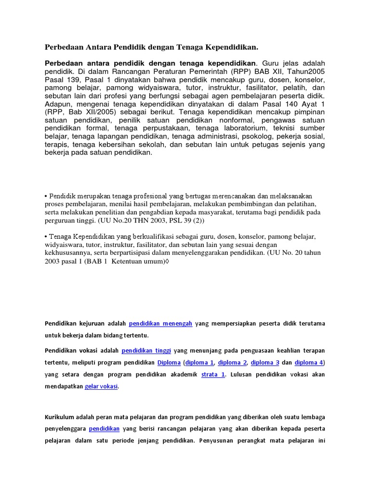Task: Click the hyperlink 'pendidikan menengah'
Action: [x=161, y=324]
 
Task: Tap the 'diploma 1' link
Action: [x=200, y=362]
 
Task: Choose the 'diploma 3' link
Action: [x=265, y=362]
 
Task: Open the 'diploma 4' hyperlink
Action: [x=309, y=362]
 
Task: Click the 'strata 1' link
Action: [x=213, y=374]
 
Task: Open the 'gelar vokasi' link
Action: [x=101, y=386]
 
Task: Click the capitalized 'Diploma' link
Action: [x=169, y=362]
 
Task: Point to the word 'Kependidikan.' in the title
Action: [x=227, y=47]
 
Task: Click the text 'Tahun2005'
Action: [x=308, y=71]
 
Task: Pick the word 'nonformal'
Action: [x=242, y=120]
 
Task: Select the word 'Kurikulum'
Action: [x=61, y=416]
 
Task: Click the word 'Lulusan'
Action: [x=244, y=374]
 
